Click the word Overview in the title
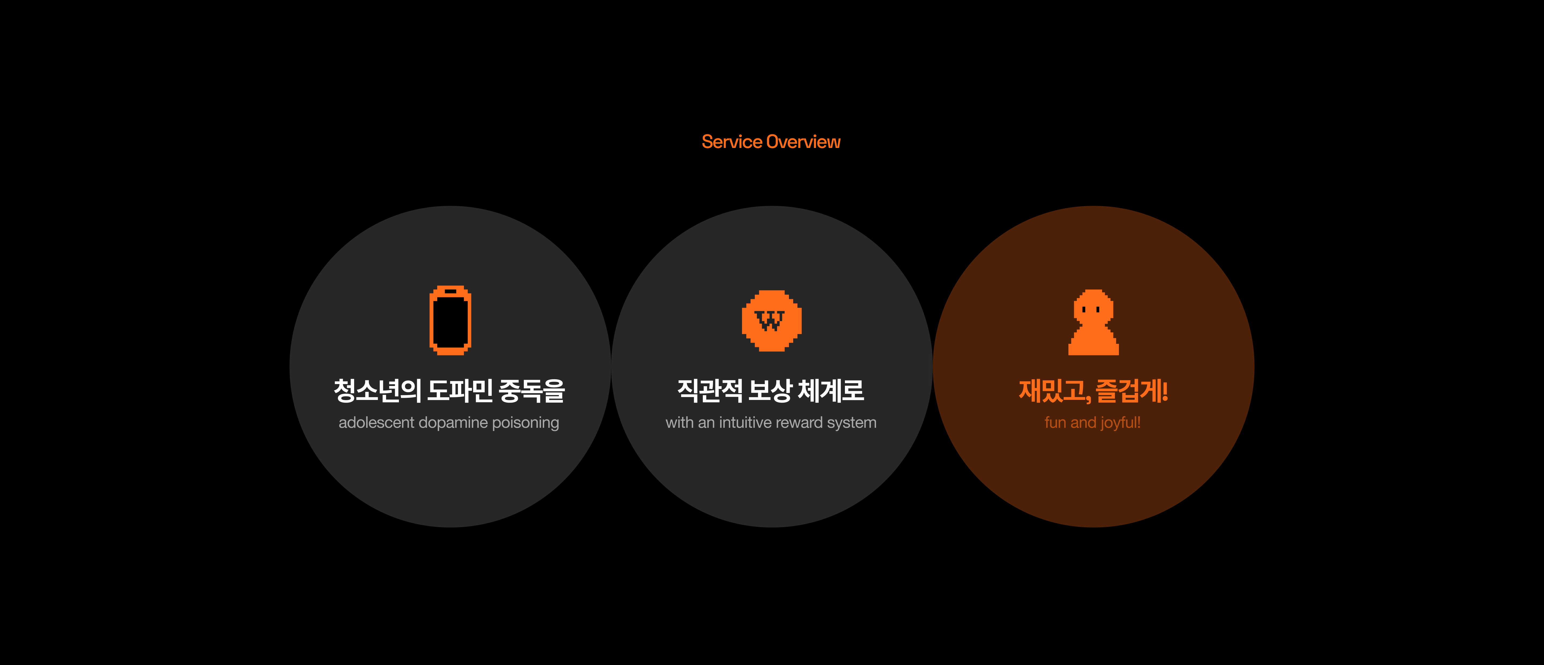(804, 142)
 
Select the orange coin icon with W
(771, 321)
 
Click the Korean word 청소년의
(377, 391)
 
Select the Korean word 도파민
(460, 391)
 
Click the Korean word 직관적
(710, 391)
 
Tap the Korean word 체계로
(831, 391)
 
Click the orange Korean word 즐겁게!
(1132, 391)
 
